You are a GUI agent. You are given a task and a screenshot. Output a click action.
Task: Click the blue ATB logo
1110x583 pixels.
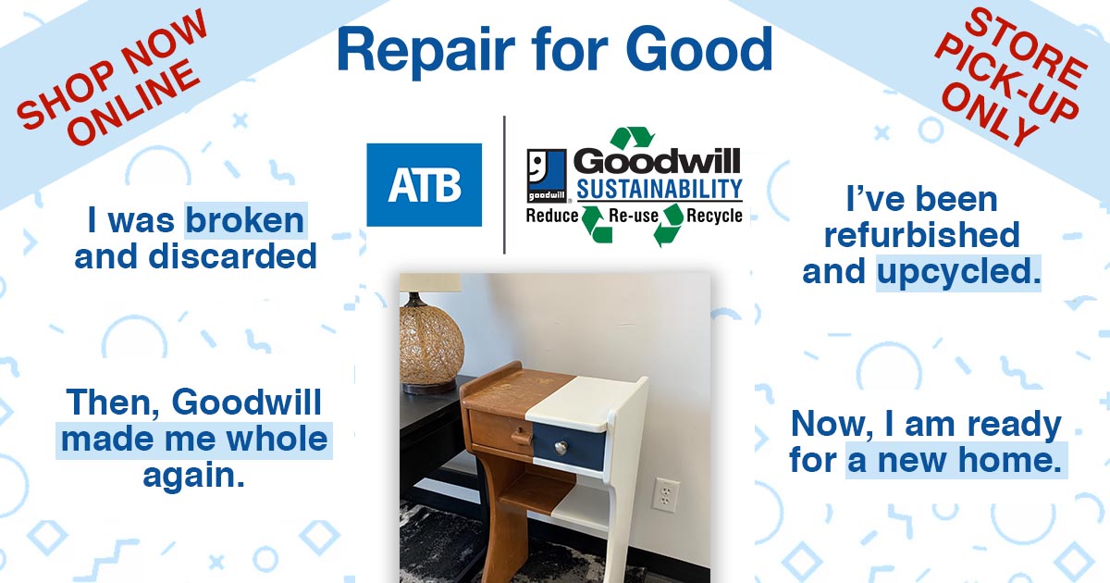click(425, 185)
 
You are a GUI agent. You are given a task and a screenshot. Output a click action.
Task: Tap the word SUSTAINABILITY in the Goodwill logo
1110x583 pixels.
click(660, 189)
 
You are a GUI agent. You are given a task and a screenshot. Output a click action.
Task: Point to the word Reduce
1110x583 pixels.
click(552, 216)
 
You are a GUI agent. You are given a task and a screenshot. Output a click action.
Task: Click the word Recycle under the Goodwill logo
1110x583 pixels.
click(714, 216)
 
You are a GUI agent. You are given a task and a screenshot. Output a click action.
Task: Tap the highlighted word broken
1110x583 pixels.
click(245, 220)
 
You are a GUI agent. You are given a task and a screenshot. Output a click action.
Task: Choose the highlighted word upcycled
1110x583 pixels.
click(958, 273)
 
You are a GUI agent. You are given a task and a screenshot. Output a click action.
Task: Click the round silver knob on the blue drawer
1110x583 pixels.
click(561, 448)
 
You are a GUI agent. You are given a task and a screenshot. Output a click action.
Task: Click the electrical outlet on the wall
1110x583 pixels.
click(665, 494)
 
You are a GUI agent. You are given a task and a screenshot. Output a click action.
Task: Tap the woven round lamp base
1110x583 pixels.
click(431, 344)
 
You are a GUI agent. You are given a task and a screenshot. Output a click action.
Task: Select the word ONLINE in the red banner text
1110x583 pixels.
click(135, 102)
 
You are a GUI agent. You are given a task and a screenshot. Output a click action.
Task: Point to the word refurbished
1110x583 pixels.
click(921, 235)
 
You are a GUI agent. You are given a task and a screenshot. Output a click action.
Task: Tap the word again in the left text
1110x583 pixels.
click(193, 477)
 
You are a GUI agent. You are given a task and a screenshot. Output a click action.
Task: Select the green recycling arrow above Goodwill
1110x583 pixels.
click(633, 137)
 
